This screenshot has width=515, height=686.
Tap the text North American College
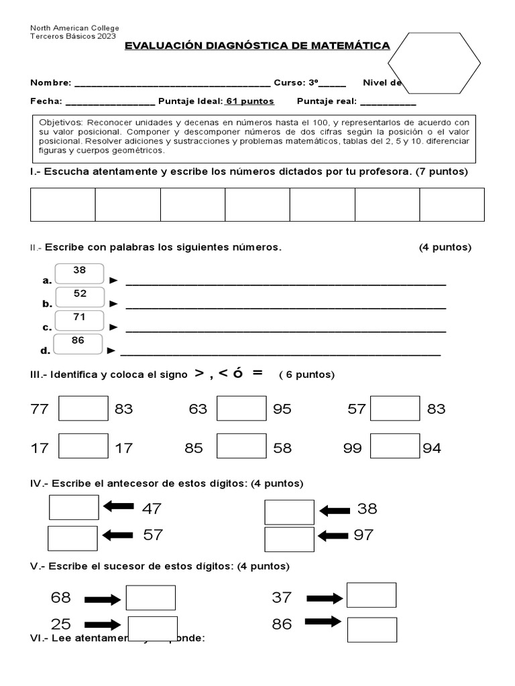[74, 28]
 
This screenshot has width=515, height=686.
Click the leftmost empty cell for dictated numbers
[62, 204]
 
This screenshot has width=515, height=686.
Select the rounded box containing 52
[80, 296]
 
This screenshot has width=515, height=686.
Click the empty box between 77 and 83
[83, 409]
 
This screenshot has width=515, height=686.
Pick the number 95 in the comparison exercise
[282, 409]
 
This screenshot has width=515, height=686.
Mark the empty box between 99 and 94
[395, 448]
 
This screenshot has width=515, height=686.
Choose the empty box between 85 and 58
[242, 448]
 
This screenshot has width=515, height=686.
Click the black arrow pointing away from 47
[118, 508]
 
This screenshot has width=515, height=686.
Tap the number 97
[363, 535]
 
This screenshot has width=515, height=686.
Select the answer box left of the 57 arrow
[72, 538]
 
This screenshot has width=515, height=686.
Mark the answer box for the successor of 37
[371, 595]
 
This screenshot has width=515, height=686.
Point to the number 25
[61, 624]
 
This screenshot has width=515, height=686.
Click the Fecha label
[46, 102]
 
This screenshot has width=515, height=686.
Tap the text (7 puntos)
[441, 172]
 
